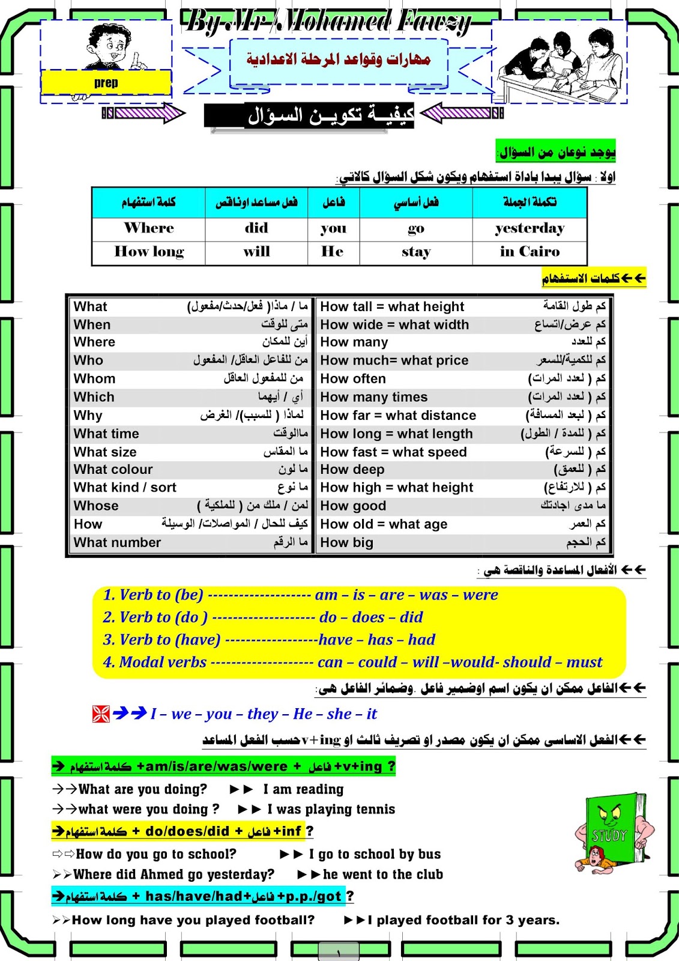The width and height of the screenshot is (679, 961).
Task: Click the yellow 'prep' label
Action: pyautogui.click(x=106, y=83)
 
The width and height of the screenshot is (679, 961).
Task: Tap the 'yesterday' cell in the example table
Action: pyautogui.click(x=530, y=228)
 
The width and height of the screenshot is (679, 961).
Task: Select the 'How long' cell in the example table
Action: pyautogui.click(x=149, y=252)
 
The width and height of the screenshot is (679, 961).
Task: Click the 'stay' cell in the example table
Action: pyautogui.click(x=416, y=252)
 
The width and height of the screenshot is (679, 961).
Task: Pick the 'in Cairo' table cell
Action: pyautogui.click(x=530, y=252)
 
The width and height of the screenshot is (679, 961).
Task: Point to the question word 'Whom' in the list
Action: pyautogui.click(x=94, y=379)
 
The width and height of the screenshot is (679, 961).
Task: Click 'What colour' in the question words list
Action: pyautogui.click(x=113, y=470)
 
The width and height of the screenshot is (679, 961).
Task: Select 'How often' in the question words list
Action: pyautogui.click(x=353, y=379)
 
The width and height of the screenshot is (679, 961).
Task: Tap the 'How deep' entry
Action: pyautogui.click(x=352, y=470)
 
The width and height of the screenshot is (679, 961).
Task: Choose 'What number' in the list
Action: pyautogui.click(x=117, y=543)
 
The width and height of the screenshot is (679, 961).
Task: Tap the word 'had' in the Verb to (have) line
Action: pyautogui.click(x=421, y=640)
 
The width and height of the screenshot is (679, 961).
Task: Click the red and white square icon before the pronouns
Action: pyautogui.click(x=101, y=714)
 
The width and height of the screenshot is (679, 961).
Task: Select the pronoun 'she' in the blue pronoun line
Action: pyautogui.click(x=340, y=714)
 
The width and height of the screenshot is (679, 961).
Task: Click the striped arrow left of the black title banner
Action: pyautogui.click(x=144, y=113)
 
